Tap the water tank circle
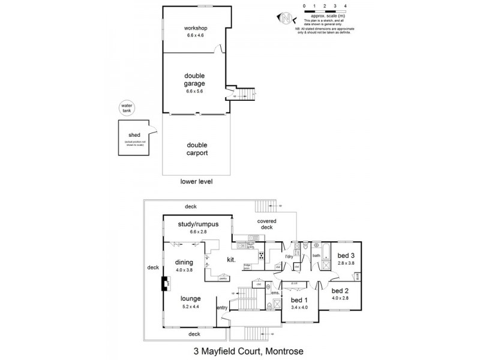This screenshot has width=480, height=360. (x=127, y=109)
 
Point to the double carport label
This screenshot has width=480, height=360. (x=197, y=149)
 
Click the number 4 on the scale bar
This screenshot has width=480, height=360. (x=345, y=6)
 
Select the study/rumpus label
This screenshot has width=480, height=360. (x=197, y=224)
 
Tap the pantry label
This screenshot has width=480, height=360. (x=223, y=278)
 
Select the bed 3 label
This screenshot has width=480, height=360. (x=344, y=254)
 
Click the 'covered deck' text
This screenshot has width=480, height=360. (x=267, y=224)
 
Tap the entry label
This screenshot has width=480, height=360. (x=222, y=308)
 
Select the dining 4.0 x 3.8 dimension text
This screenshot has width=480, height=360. (x=184, y=269)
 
